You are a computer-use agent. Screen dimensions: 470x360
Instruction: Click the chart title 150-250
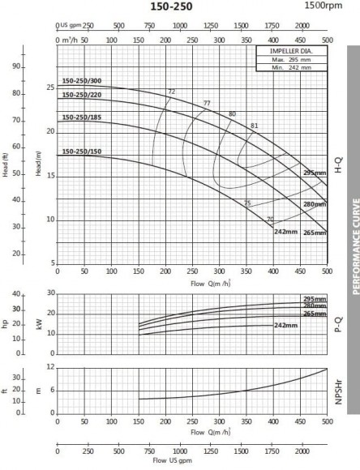tap(182, 7)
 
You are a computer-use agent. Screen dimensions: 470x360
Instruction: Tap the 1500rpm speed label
tap(321, 6)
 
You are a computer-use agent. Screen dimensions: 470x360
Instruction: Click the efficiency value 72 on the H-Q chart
tap(171, 91)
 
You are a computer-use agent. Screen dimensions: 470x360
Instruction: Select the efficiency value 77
tap(207, 103)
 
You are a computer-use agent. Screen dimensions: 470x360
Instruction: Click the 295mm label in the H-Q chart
tap(314, 173)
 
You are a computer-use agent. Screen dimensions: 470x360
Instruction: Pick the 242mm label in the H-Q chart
tap(284, 232)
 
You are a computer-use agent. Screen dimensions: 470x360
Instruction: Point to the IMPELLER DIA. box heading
tap(289, 51)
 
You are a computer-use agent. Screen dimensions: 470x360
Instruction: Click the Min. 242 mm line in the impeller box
tap(289, 66)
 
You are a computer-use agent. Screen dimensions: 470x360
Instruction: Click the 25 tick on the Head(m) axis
tap(49, 87)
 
